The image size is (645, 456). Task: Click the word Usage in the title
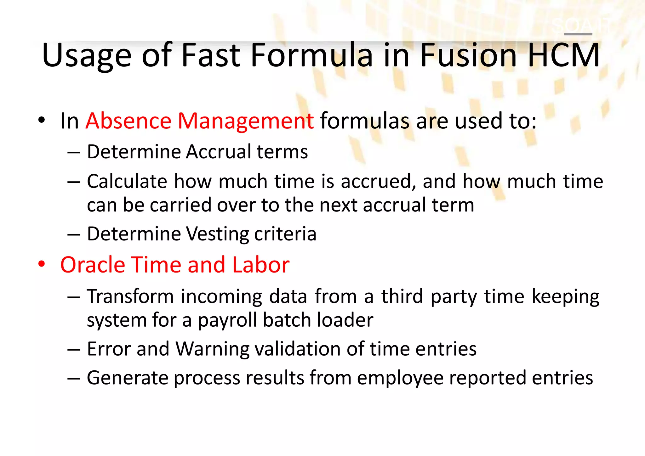coord(86,56)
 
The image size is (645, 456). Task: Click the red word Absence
coord(128,121)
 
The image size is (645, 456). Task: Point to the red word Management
coord(246,121)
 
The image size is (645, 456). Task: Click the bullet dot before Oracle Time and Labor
coord(42,264)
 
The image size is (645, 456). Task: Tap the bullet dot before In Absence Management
coord(42,120)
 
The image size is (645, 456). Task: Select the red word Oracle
coord(93,265)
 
